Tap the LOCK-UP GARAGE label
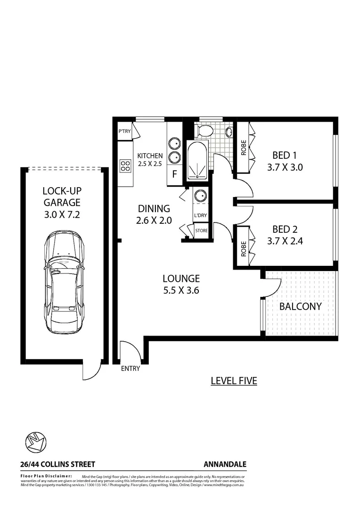click(x=62, y=197)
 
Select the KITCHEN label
click(x=150, y=156)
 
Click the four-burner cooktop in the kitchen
click(x=126, y=165)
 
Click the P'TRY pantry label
click(x=124, y=131)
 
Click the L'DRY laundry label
click(x=201, y=216)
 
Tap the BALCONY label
click(x=301, y=306)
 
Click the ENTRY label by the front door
click(x=131, y=369)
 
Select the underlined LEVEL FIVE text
click(x=234, y=381)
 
